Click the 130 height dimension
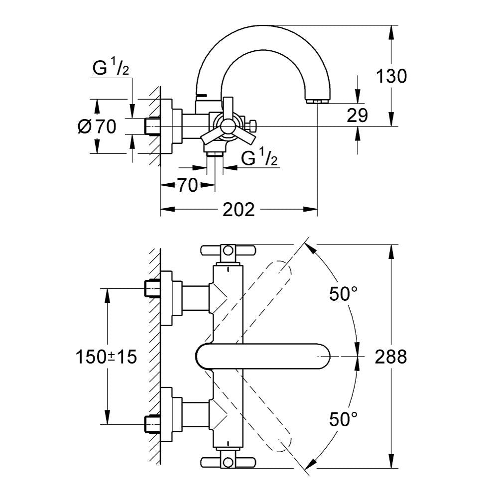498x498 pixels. pos(391,76)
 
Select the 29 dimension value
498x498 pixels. pos(357,116)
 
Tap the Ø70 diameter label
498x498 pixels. pos(97,126)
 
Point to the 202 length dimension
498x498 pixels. pos(239,210)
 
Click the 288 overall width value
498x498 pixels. pos(390,357)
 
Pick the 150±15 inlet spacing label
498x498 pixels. pos(106,357)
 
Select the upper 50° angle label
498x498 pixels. pos(343,294)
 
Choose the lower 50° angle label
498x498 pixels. pos(343,419)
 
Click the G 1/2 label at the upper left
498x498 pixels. pos(111,68)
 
